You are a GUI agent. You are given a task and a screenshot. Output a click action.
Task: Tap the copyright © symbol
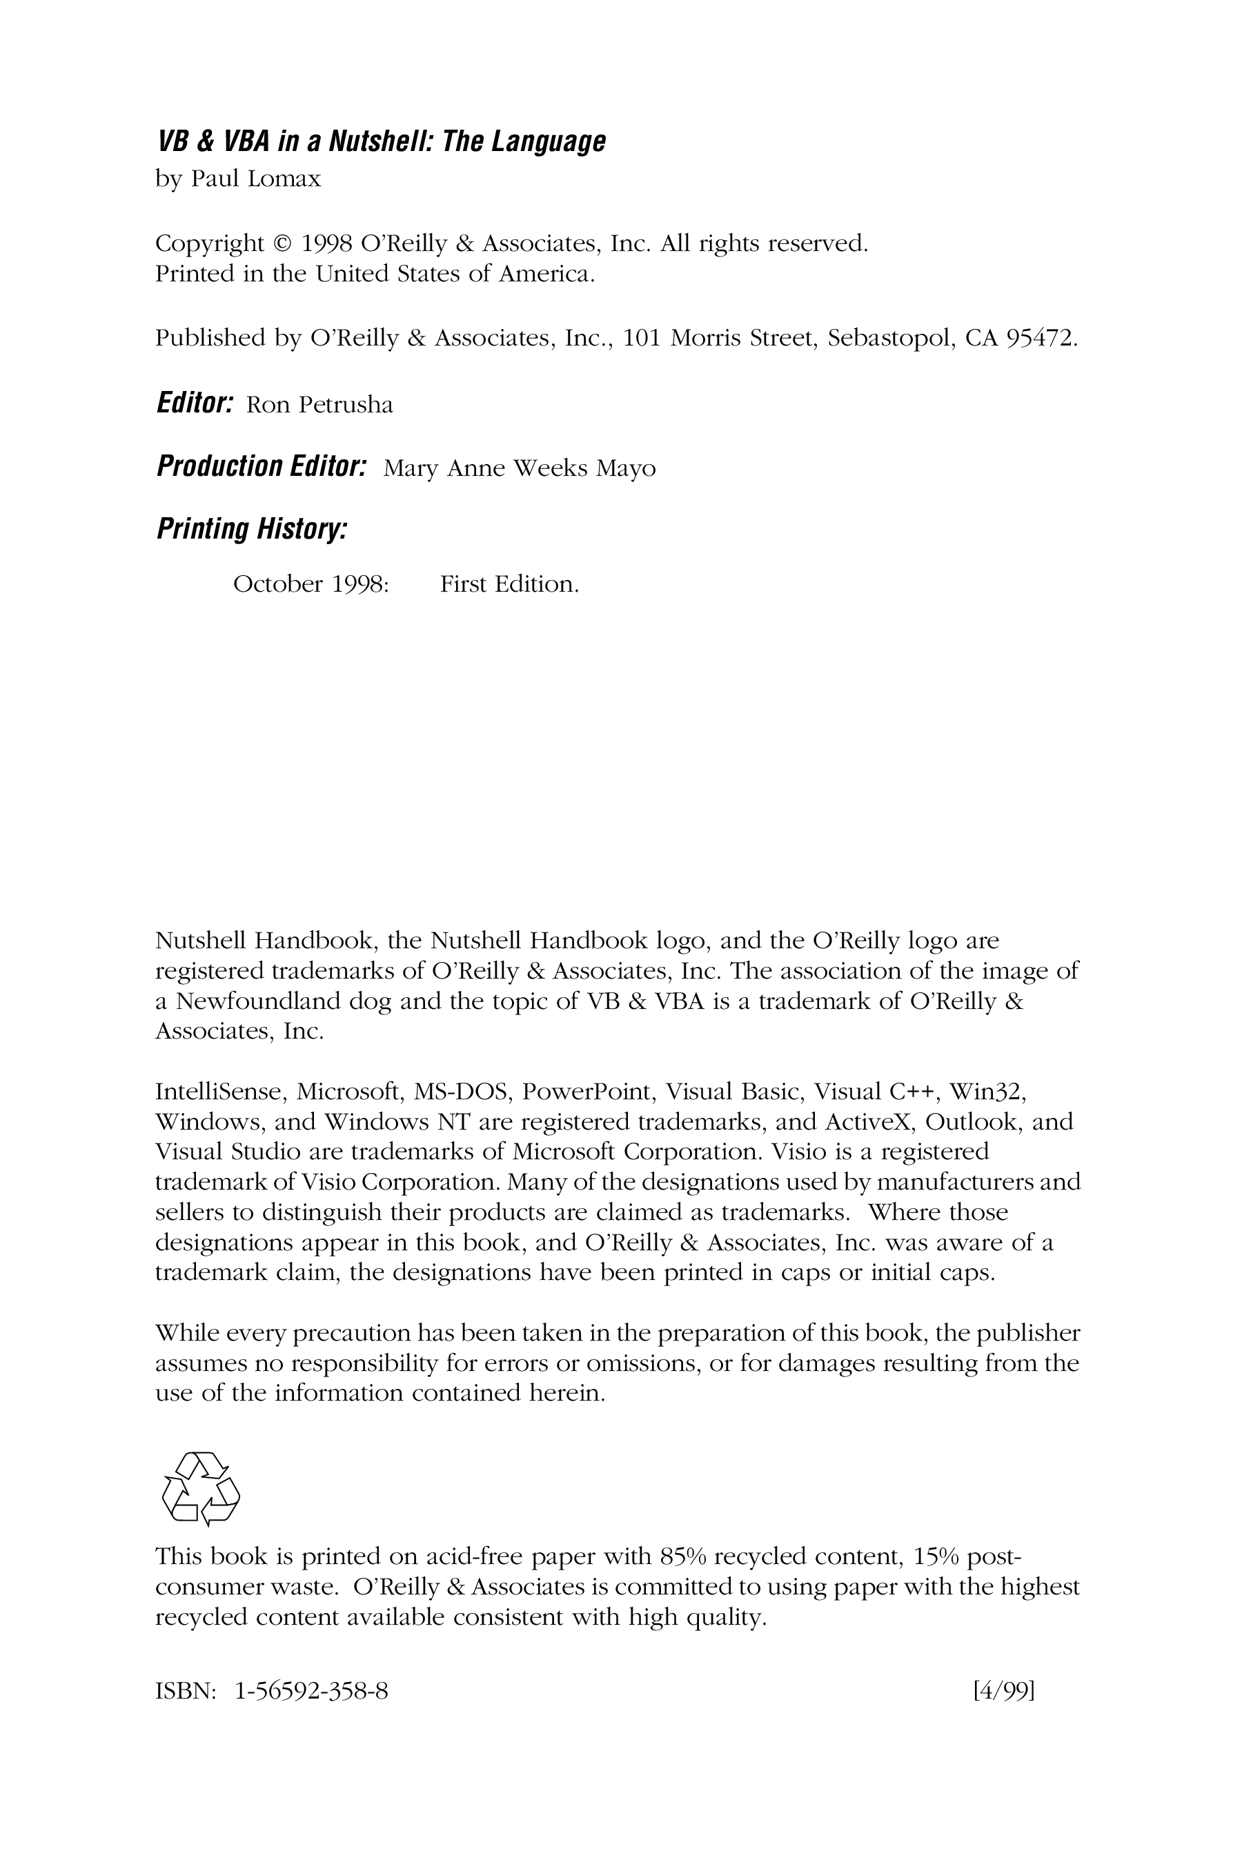tap(282, 243)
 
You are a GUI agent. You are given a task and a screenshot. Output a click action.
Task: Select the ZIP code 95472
tap(1040, 338)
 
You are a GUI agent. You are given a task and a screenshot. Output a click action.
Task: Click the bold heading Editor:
tap(195, 403)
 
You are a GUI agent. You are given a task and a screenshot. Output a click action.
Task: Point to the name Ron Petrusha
tap(319, 406)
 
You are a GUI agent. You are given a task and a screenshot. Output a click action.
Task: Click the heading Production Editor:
tap(262, 466)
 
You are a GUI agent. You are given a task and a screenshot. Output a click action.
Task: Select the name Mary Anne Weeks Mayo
tap(519, 469)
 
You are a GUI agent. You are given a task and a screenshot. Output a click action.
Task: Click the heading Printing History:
tap(252, 528)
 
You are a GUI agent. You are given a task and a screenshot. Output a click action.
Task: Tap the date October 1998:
tap(310, 584)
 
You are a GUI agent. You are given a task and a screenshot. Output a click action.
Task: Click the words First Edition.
tap(509, 584)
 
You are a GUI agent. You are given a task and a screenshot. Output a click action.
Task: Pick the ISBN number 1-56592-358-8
tap(311, 1691)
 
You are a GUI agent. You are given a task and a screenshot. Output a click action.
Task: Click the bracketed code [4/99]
tap(1003, 1691)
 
